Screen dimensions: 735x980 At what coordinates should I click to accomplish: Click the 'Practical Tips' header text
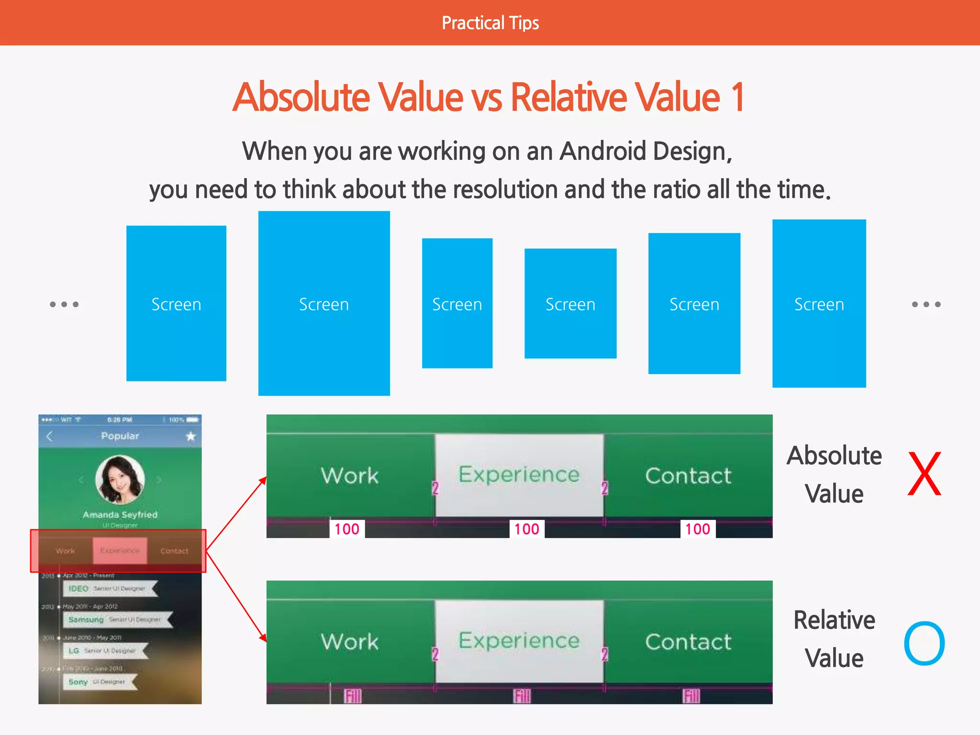click(490, 23)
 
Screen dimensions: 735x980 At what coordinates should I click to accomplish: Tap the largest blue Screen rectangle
click(324, 303)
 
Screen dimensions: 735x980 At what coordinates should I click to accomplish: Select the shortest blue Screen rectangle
click(570, 303)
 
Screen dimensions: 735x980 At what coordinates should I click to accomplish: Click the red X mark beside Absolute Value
click(924, 474)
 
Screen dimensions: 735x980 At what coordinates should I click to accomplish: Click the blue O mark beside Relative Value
click(924, 644)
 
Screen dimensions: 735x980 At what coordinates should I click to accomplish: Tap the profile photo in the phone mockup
click(120, 479)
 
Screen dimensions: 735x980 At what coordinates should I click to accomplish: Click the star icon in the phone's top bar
click(191, 436)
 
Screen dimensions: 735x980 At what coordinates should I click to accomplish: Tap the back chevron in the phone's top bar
click(50, 436)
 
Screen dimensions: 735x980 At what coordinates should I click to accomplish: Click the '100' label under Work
click(347, 529)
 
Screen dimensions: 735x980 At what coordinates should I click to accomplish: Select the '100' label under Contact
click(698, 529)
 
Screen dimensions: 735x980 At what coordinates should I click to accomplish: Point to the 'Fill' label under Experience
click(522, 696)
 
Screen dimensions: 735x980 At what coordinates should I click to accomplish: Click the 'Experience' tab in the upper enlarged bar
click(519, 475)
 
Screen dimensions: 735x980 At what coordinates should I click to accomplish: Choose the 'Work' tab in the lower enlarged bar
click(350, 641)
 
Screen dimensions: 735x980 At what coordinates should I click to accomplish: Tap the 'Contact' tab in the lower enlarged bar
click(688, 641)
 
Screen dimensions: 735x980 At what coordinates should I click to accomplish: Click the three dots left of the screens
click(64, 304)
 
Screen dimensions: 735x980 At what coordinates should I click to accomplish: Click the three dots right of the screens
click(926, 304)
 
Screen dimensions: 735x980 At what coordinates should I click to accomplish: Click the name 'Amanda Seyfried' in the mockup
click(120, 515)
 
